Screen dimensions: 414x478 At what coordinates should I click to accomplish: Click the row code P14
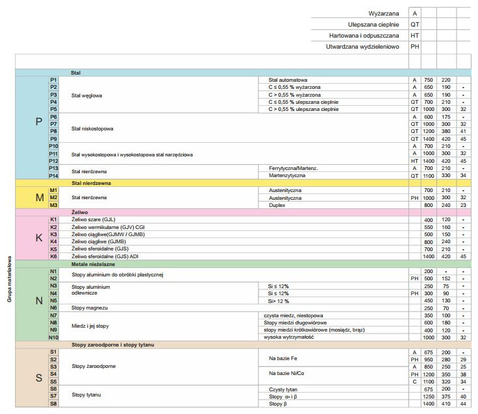click(54, 175)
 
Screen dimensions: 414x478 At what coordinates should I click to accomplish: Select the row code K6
click(54, 256)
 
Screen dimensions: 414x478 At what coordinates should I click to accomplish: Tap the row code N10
click(54, 337)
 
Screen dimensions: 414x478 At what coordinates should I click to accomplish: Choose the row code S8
click(54, 404)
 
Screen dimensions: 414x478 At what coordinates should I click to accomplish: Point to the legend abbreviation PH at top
click(415, 47)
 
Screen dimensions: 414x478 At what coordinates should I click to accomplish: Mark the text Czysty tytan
click(283, 388)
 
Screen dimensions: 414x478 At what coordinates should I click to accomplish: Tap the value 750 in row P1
click(428, 79)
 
